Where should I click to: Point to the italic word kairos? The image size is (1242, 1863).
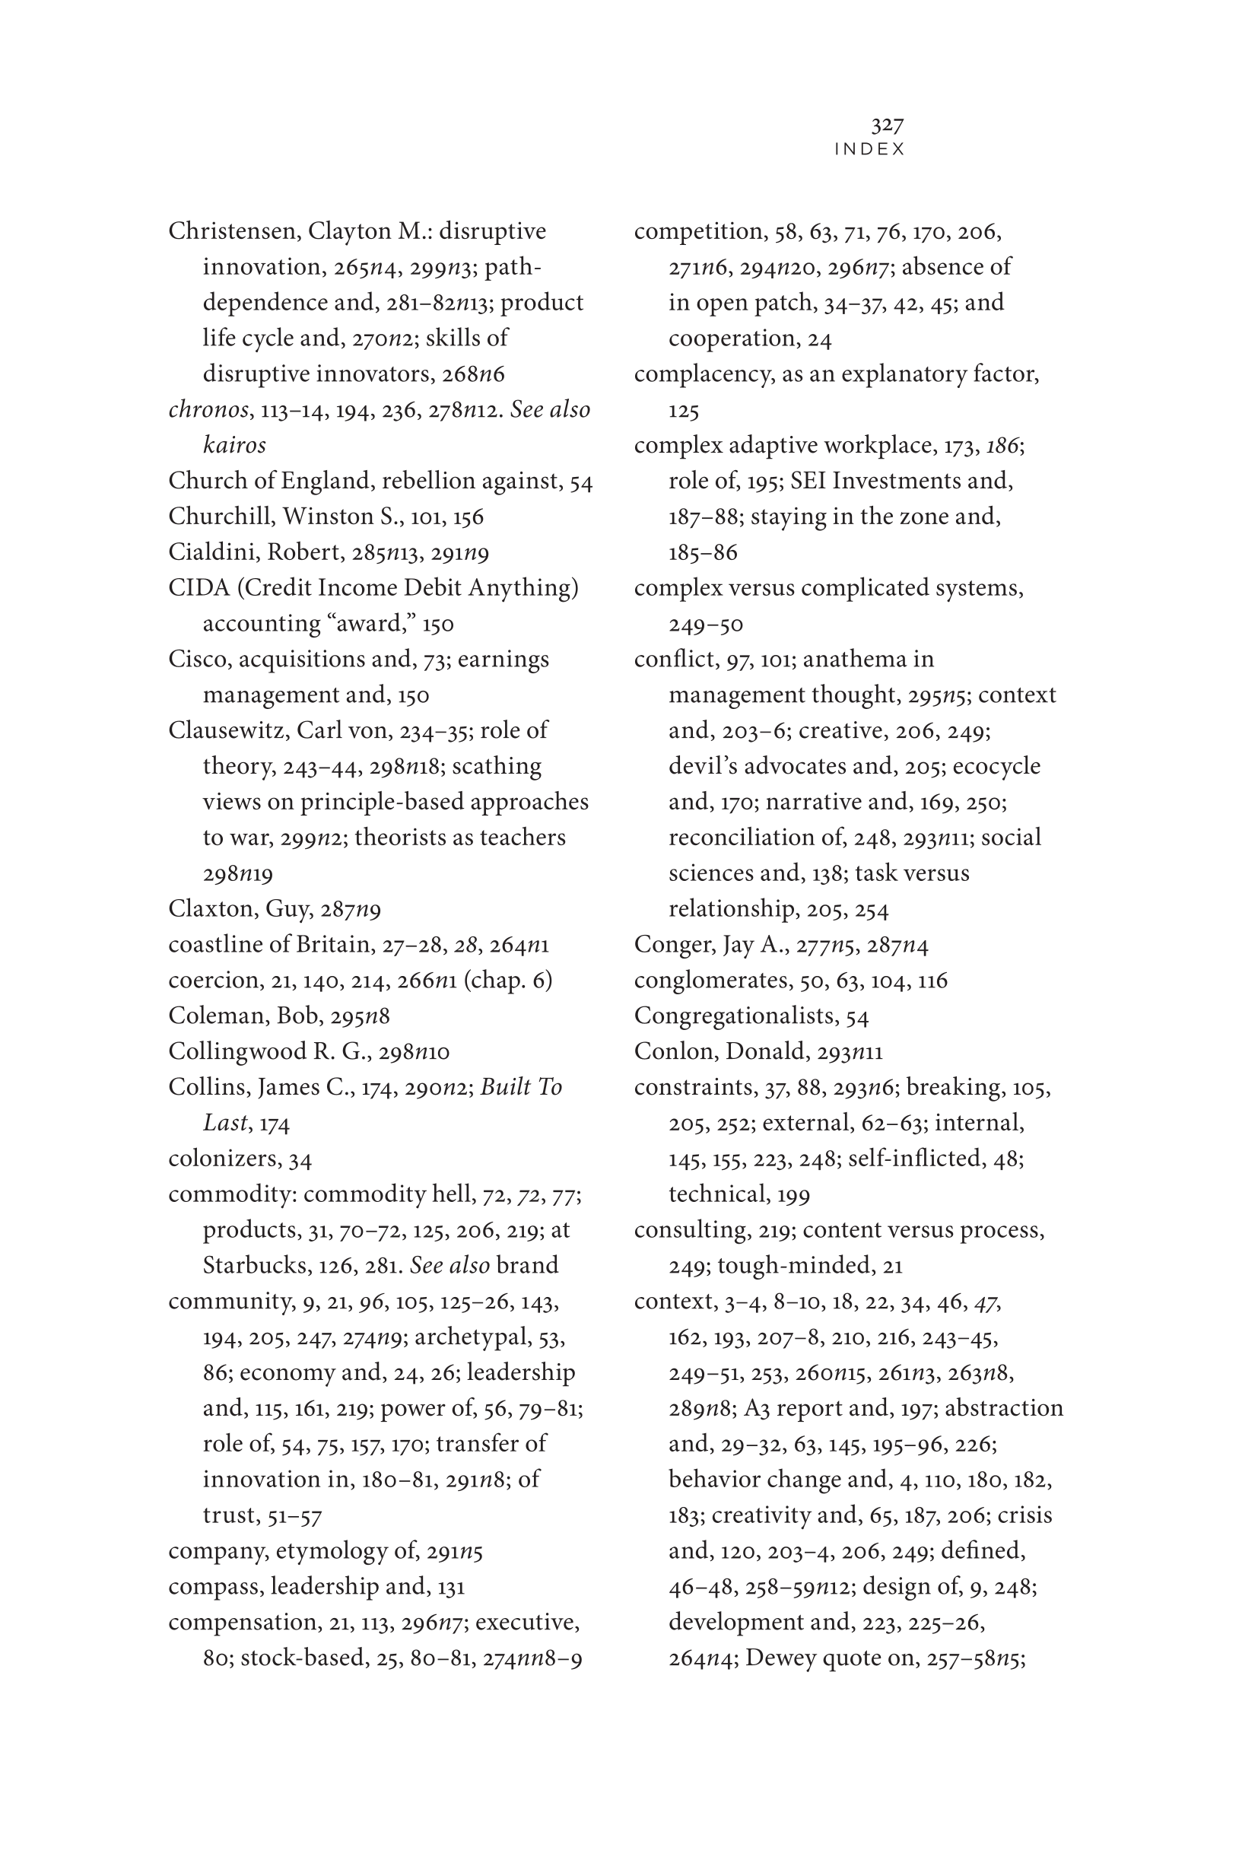pyautogui.click(x=234, y=445)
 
